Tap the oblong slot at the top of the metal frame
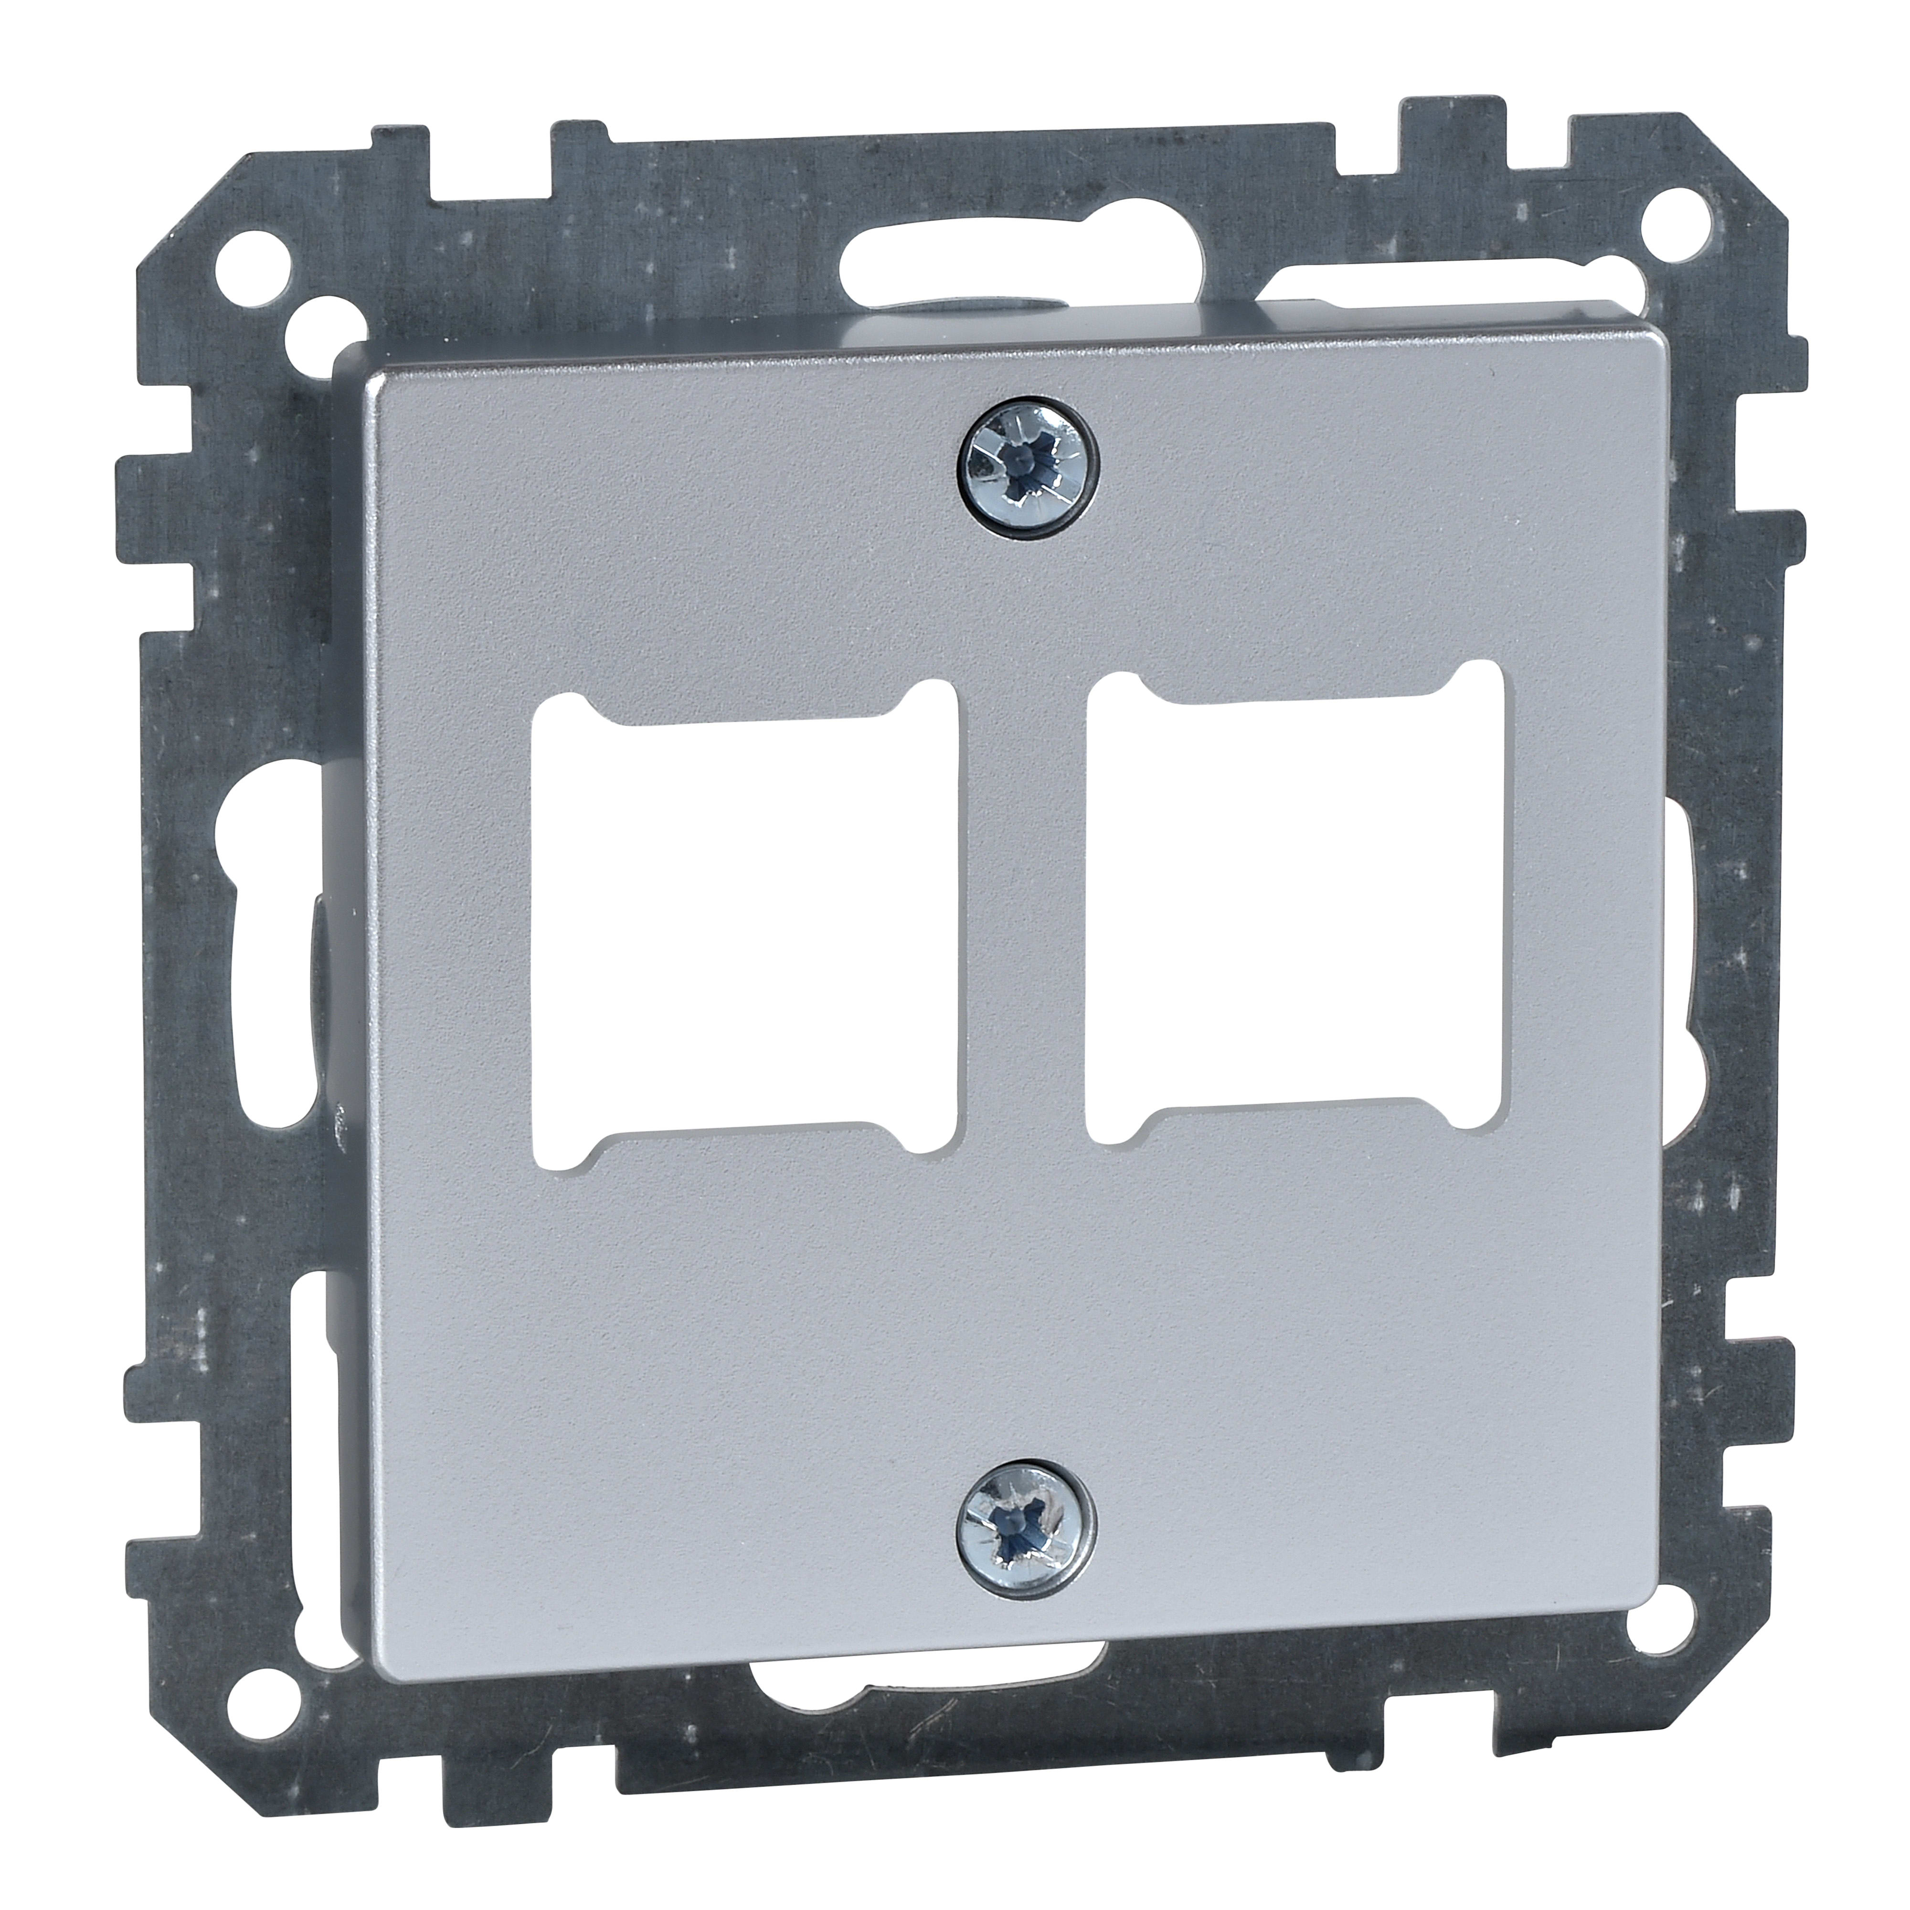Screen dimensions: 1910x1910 (x=1023, y=235)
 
